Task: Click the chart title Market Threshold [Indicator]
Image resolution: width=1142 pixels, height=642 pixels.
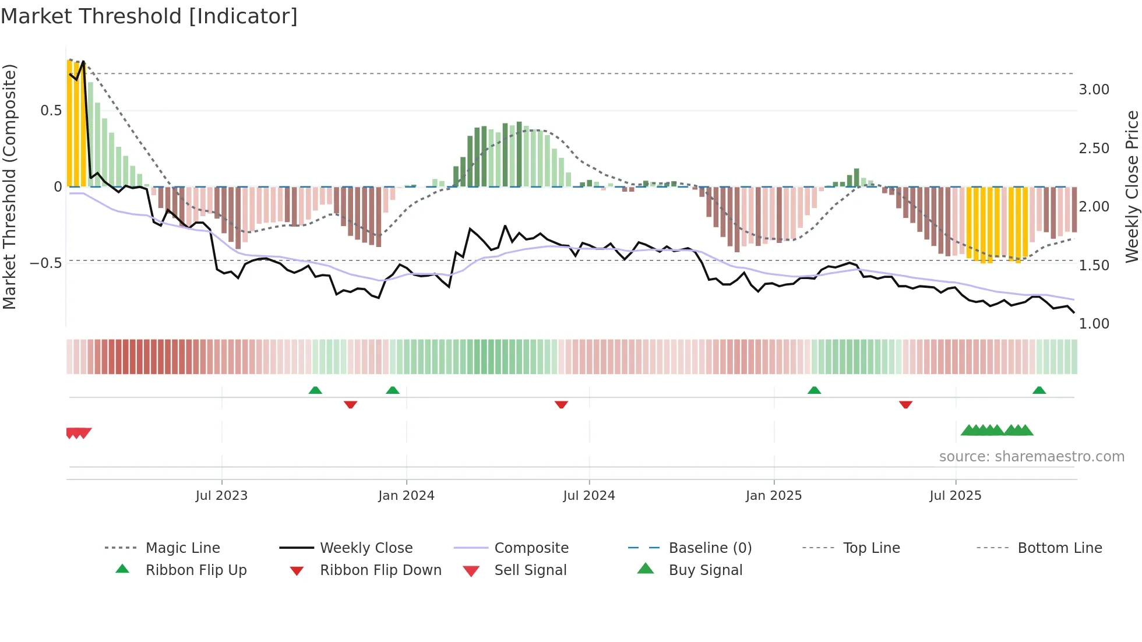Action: (149, 16)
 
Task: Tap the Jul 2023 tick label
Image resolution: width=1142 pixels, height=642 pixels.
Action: (221, 496)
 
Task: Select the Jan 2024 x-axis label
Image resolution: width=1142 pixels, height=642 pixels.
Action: (406, 496)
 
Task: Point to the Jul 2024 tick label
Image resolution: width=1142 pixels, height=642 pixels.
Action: (588, 496)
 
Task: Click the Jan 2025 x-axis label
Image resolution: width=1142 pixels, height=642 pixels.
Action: (773, 496)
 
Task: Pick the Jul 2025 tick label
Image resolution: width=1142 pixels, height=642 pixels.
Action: (955, 496)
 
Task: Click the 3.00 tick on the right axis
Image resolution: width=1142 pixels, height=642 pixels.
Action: (1094, 90)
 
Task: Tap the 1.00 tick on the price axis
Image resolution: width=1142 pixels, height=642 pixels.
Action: (1094, 324)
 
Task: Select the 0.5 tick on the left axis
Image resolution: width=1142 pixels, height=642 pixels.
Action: (51, 111)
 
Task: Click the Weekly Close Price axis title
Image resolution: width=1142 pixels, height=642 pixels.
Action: (1132, 186)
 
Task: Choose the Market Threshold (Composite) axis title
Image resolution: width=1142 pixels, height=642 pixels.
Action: (9, 186)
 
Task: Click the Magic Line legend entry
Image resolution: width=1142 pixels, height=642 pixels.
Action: (182, 548)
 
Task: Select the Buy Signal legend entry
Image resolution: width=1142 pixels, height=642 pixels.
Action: (705, 570)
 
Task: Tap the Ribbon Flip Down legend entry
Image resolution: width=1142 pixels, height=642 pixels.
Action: (380, 570)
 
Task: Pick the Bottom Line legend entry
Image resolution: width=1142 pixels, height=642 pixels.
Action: (1059, 548)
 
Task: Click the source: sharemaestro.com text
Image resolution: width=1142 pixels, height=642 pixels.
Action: (1031, 457)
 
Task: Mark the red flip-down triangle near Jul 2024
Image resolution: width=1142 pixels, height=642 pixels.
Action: (561, 404)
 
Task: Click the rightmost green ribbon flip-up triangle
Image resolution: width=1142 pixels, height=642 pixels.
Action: (1039, 390)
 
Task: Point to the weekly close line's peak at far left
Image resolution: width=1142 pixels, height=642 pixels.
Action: (83, 61)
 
